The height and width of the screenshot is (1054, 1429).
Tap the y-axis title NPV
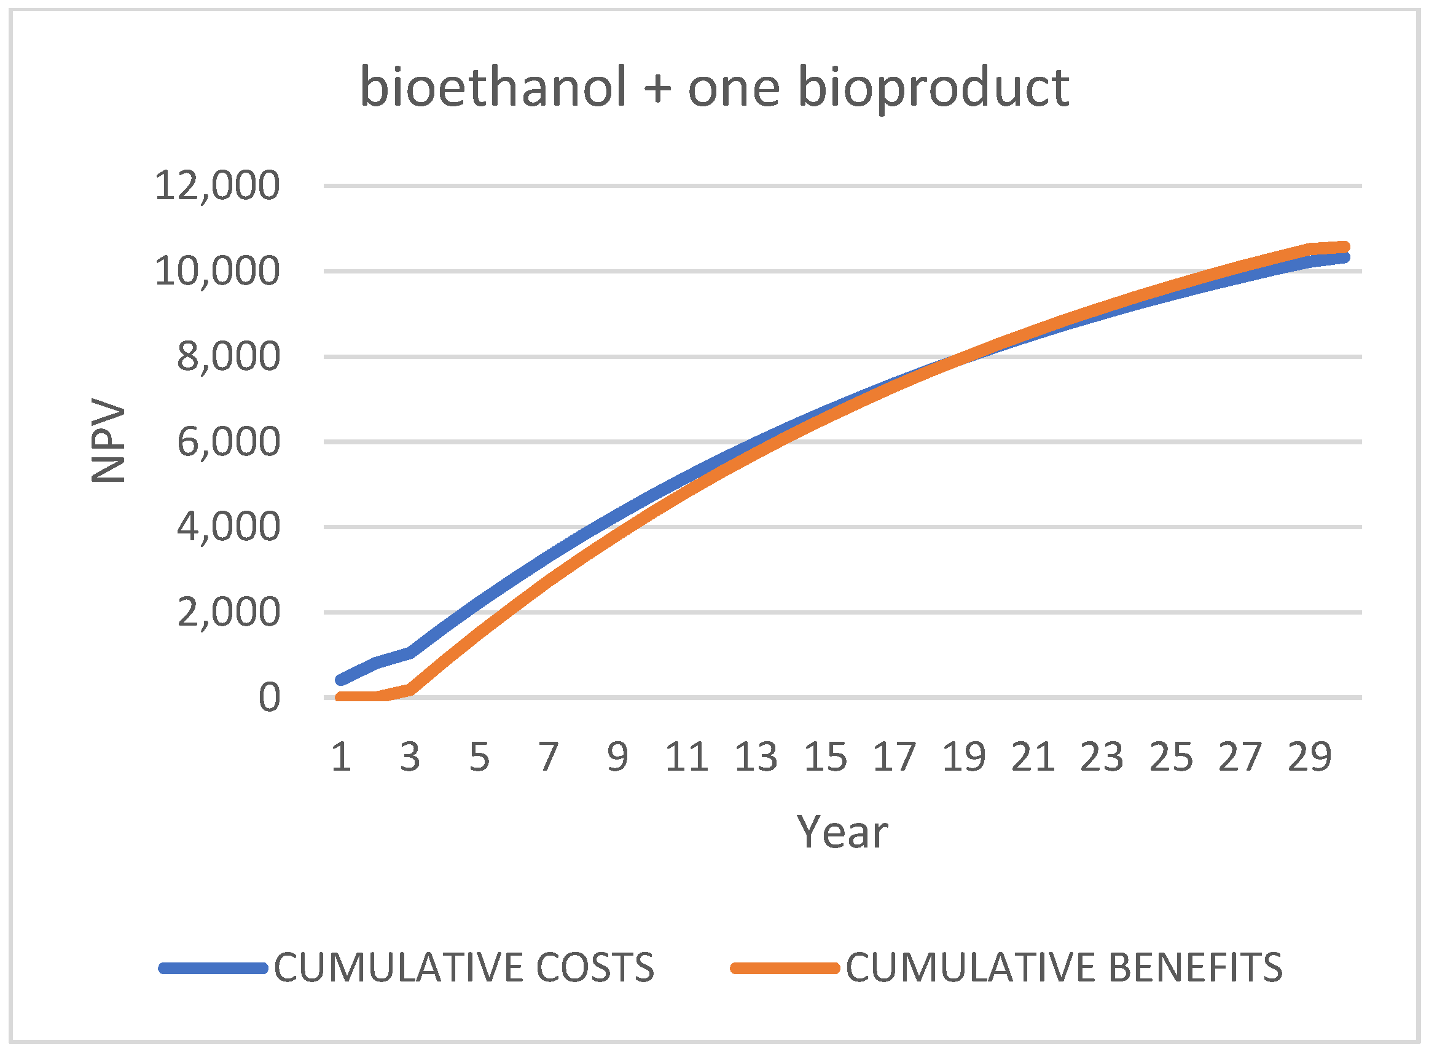tap(108, 440)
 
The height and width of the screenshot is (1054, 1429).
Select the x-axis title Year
tap(842, 833)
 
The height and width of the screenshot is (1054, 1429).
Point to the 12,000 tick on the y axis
tap(217, 186)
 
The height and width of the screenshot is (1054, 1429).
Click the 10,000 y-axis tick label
tap(217, 271)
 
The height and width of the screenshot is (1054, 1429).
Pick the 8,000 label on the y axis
tap(229, 356)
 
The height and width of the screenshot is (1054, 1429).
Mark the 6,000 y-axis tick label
tap(229, 441)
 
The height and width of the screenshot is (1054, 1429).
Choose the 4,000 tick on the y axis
tap(229, 527)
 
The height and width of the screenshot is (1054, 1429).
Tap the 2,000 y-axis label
tap(229, 613)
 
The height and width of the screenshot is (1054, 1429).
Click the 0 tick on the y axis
tap(269, 698)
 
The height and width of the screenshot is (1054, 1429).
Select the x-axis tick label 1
tap(341, 757)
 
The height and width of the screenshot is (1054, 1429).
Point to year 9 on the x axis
tap(617, 757)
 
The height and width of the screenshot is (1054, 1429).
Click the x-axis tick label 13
tap(756, 757)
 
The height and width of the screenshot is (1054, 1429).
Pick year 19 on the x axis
tap(964, 757)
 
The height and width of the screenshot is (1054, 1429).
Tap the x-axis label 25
tap(1172, 757)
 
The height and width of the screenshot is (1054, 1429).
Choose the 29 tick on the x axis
tap(1310, 757)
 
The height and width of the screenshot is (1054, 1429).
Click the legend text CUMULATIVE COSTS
tap(464, 967)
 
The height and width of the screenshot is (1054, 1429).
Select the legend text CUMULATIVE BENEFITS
tap(1064, 967)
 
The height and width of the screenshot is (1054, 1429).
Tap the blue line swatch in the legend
tap(213, 968)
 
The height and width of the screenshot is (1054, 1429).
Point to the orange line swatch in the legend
tap(785, 968)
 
